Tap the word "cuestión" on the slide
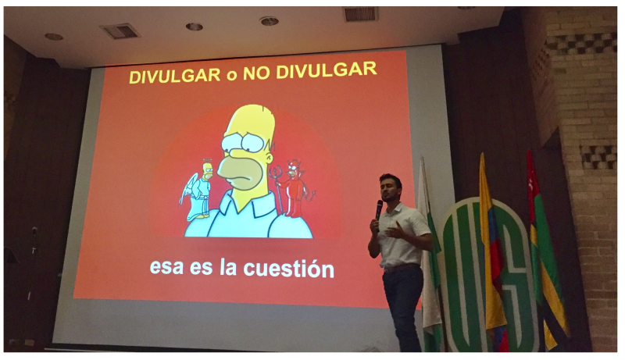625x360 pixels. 288,269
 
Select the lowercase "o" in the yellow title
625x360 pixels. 231,75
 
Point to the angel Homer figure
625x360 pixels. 198,191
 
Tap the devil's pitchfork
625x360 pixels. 277,187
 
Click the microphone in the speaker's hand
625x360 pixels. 378,211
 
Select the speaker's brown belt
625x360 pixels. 401,268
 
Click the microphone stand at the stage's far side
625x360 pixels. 34,263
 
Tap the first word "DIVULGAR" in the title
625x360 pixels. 174,76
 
